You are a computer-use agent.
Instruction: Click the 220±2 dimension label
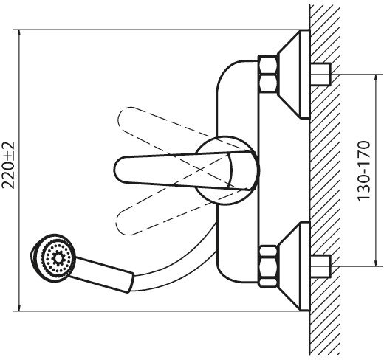click(8, 165)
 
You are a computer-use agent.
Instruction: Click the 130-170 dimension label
click(363, 170)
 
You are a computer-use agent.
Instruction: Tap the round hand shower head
click(52, 258)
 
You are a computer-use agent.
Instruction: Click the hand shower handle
click(103, 274)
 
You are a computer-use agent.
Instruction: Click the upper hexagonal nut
click(268, 74)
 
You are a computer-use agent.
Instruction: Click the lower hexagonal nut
click(268, 266)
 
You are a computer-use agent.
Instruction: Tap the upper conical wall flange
click(293, 74)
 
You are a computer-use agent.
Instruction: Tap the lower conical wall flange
click(293, 266)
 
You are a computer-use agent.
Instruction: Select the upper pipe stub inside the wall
click(320, 75)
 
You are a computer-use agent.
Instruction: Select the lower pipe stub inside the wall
click(320, 266)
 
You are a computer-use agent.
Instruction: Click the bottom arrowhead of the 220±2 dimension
click(19, 307)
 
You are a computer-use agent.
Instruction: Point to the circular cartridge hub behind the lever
click(227, 170)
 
